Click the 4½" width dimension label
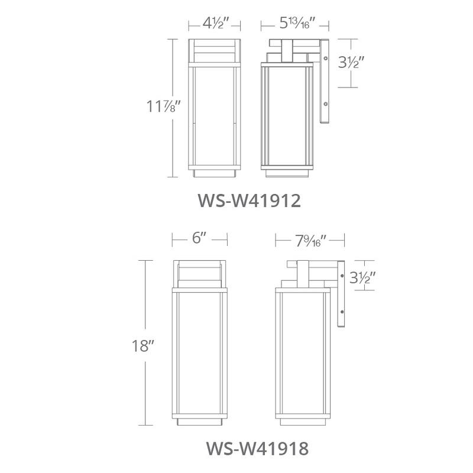point(214,24)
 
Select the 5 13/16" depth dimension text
point(296,24)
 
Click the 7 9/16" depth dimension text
point(310,239)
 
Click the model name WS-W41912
point(249,200)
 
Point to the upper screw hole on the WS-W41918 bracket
point(342,275)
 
